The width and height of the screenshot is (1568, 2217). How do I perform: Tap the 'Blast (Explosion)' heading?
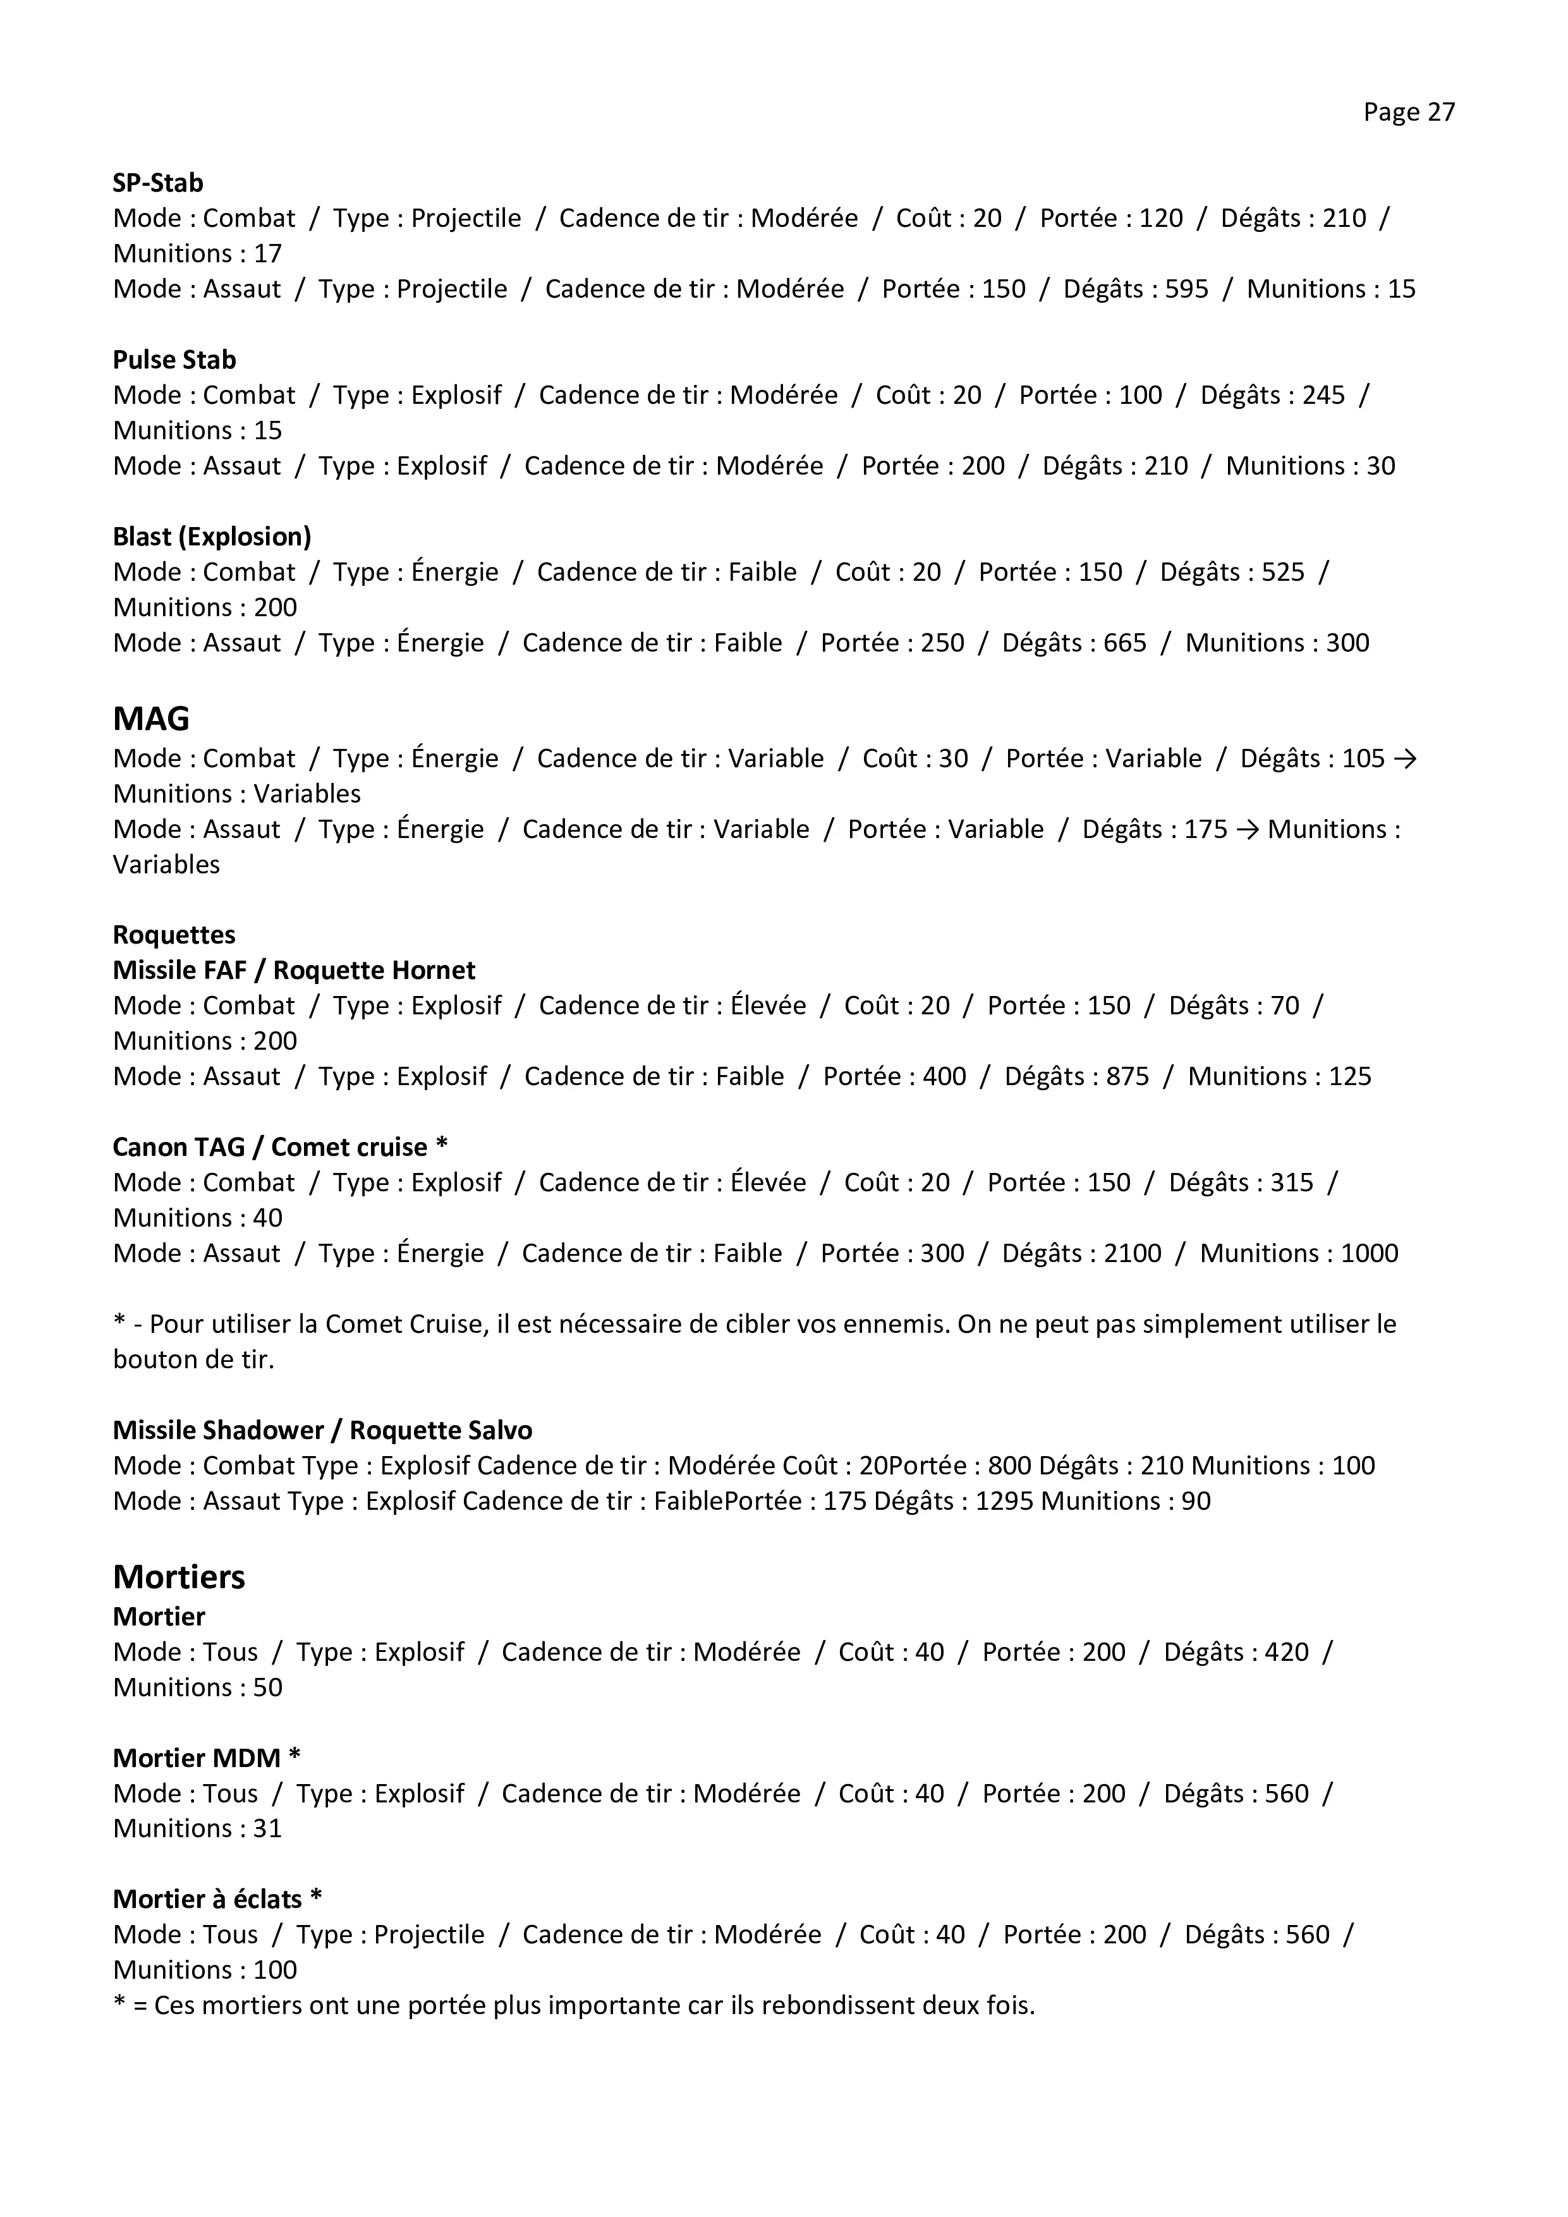coord(212,536)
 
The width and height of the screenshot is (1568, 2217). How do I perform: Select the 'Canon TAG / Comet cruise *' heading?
coord(280,1146)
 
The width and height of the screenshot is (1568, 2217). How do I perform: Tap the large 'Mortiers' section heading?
coord(179,1577)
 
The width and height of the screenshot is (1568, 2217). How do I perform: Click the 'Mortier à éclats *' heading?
coord(217,1898)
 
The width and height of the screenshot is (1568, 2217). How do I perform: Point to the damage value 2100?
coord(1131,1253)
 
